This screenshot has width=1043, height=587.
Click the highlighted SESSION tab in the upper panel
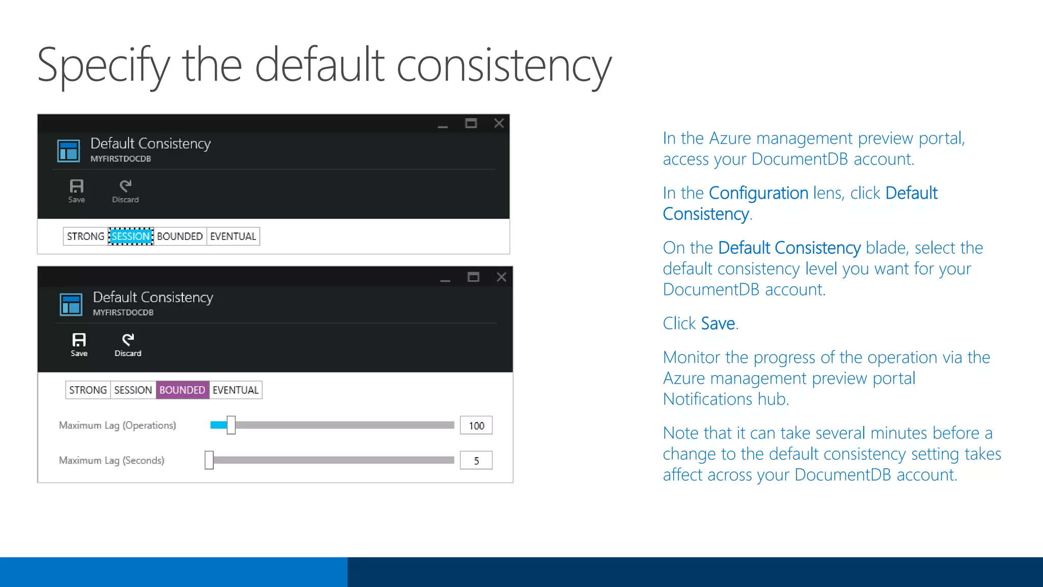(x=131, y=236)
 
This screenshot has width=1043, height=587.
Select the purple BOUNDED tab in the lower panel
(x=182, y=390)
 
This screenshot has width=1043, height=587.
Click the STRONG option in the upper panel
(x=86, y=236)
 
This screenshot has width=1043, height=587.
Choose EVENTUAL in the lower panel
(x=236, y=390)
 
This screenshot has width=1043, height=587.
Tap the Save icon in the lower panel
(x=79, y=340)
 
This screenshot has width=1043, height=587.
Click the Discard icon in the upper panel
(x=126, y=186)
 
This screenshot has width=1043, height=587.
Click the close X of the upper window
(x=499, y=123)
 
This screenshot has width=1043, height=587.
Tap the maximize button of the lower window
(x=473, y=277)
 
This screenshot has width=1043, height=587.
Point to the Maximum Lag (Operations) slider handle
(x=231, y=425)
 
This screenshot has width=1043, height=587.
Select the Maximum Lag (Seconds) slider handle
(x=209, y=460)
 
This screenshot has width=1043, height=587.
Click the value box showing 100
(x=476, y=425)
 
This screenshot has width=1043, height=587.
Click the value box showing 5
(x=476, y=461)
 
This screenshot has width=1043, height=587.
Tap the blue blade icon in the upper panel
(x=69, y=151)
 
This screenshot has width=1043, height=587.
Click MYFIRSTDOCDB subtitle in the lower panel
(x=123, y=312)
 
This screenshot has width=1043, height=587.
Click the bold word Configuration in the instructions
(x=758, y=193)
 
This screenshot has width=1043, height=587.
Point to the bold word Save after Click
(x=718, y=324)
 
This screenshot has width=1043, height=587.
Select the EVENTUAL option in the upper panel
(x=233, y=236)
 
